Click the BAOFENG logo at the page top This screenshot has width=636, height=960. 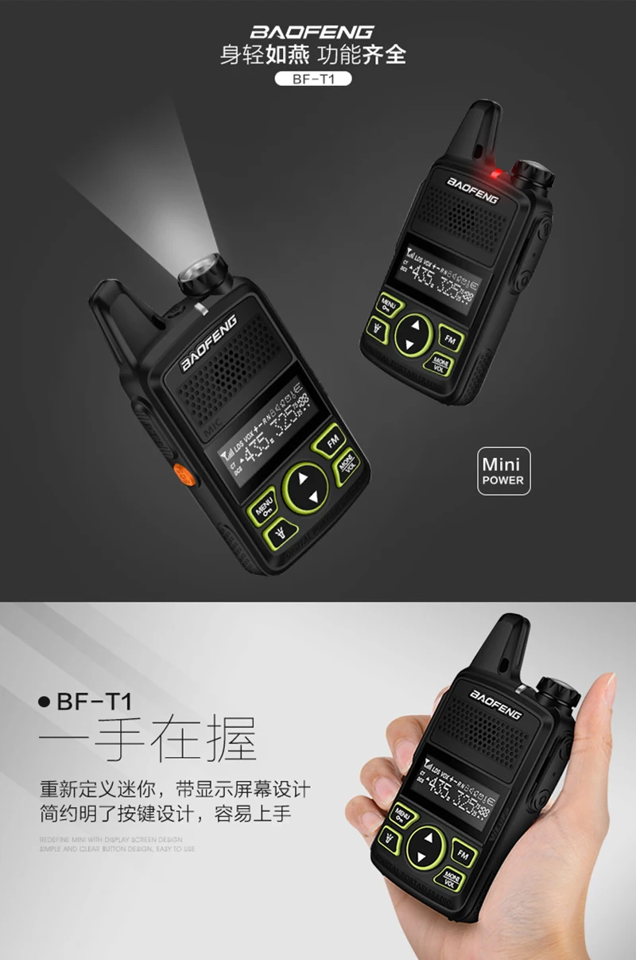pos(312,32)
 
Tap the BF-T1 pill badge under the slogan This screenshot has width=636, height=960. pos(312,79)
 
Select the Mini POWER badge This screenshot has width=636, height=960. pos(504,471)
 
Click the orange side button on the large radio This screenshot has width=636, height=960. pos(183,476)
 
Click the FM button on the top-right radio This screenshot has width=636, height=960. pos(449,340)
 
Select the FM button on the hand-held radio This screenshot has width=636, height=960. pos(463,853)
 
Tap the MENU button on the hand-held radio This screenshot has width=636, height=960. pos(402,814)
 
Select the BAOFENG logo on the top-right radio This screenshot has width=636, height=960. pos(472,191)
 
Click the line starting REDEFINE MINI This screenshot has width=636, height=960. pos(111,839)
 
